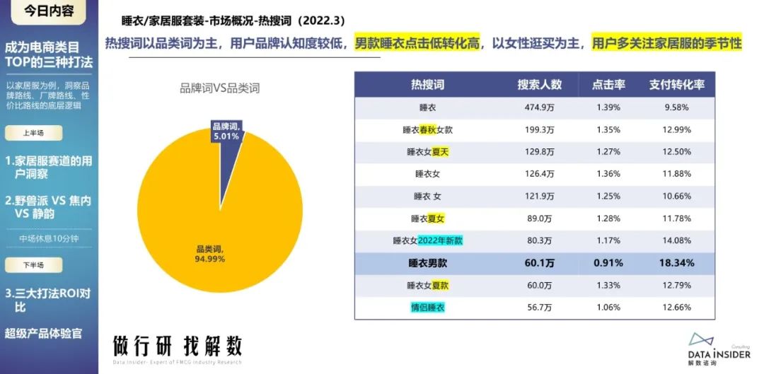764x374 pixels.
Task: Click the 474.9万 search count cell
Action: click(539, 107)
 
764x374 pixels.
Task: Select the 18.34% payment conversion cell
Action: click(677, 263)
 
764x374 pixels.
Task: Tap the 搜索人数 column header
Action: click(539, 85)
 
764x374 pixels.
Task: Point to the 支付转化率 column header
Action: click(677, 85)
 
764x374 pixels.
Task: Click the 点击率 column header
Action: click(608, 85)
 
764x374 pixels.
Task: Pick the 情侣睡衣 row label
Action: click(428, 308)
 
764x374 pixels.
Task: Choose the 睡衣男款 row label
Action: click(428, 263)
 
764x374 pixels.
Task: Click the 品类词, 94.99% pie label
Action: click(209, 253)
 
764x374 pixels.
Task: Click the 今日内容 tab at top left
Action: click(48, 13)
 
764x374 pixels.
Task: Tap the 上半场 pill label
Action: click(33, 133)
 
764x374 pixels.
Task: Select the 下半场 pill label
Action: click(33, 265)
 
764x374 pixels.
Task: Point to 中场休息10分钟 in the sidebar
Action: click(48, 238)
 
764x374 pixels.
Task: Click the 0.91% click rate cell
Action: click(608, 263)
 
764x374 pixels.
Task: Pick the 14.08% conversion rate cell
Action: click(677, 240)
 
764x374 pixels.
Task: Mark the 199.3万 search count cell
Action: click(539, 130)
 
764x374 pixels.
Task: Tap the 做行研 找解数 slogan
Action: click(178, 346)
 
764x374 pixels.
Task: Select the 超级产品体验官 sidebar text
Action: click(44, 333)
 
